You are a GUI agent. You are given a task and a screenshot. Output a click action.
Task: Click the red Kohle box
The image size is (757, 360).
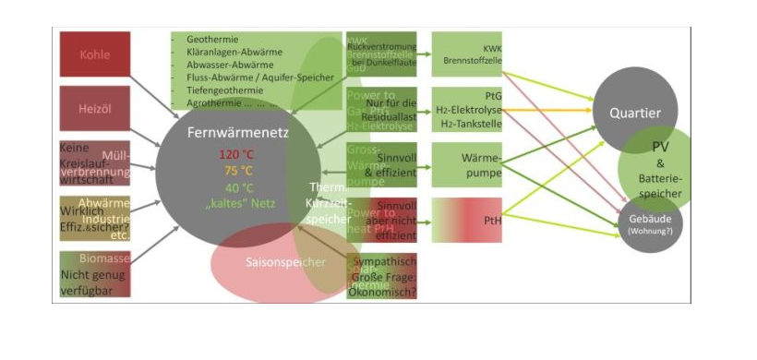[95, 54]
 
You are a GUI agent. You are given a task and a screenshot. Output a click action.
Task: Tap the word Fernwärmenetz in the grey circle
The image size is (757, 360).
[226, 132]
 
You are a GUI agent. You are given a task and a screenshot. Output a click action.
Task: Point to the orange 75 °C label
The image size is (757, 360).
[237, 170]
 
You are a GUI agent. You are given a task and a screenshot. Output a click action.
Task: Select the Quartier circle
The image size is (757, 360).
[634, 114]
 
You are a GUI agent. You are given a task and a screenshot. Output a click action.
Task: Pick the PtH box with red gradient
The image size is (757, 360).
[466, 220]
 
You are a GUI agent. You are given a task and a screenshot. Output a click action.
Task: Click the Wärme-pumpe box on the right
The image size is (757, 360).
[466, 165]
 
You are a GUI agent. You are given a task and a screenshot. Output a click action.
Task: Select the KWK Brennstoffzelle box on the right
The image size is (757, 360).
[466, 54]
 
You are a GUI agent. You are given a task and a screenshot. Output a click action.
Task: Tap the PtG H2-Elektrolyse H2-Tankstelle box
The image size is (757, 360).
[466, 110]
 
